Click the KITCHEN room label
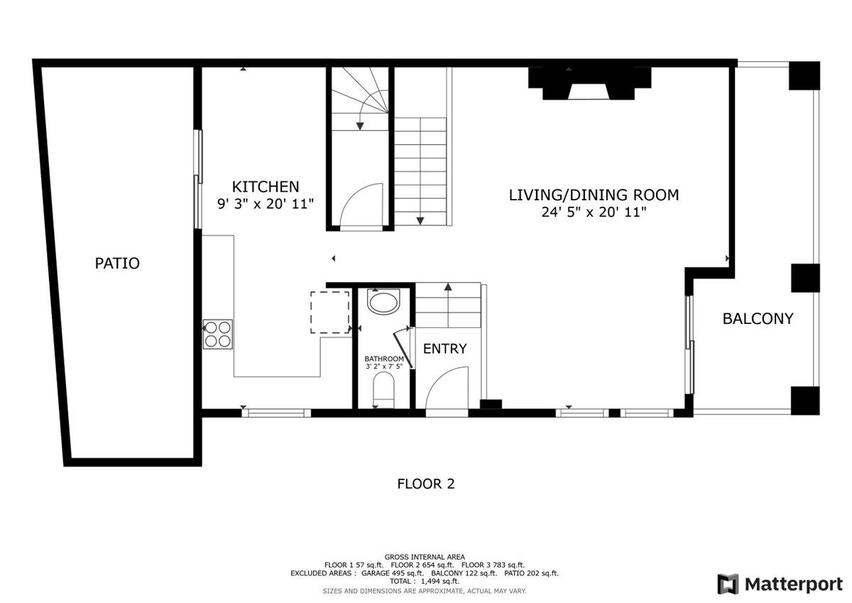[x=266, y=187]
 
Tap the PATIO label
[x=117, y=264]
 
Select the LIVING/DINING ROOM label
[x=594, y=195]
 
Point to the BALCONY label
[x=758, y=319]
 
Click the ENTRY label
[x=445, y=349]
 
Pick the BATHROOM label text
[x=384, y=359]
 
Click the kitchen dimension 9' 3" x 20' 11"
[x=266, y=203]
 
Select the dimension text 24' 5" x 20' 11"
[x=594, y=212]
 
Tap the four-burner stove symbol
[x=218, y=334]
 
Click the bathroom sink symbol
[x=384, y=303]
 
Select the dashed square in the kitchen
[x=330, y=312]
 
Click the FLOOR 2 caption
[x=425, y=484]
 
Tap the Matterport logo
[x=779, y=584]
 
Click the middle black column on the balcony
[x=804, y=278]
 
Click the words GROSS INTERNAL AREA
[x=425, y=557]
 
